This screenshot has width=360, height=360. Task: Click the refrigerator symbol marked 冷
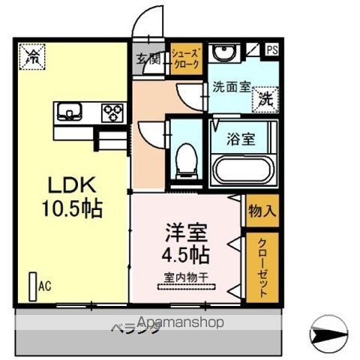tap(34, 56)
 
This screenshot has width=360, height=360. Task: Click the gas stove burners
tap(114, 112)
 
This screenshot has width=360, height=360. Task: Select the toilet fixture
tap(184, 158)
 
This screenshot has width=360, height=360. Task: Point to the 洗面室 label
tap(230, 86)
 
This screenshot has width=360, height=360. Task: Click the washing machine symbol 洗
tap(266, 97)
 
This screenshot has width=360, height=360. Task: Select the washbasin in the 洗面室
tap(222, 55)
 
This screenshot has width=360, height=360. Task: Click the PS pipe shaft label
tap(271, 50)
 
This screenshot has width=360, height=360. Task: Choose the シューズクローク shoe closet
tap(185, 58)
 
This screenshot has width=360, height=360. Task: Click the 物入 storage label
tap(262, 210)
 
